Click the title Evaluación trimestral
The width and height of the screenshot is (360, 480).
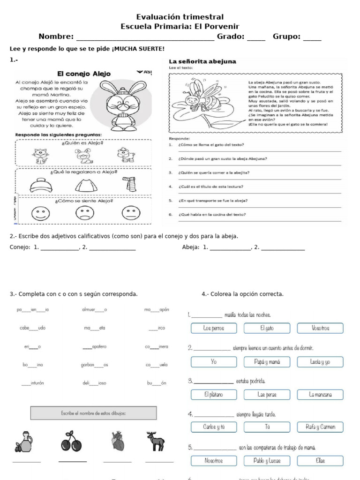click(180, 17)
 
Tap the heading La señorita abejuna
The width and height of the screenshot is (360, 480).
click(202, 61)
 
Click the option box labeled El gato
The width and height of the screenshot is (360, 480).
click(267, 329)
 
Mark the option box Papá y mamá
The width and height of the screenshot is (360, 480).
click(267, 362)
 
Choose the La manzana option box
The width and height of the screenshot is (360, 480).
click(320, 395)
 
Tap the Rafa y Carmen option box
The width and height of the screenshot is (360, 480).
click(320, 427)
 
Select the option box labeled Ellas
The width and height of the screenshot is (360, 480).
click(320, 461)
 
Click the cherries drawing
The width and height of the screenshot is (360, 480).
click(71, 442)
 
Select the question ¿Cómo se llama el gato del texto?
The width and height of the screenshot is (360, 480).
click(211, 145)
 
